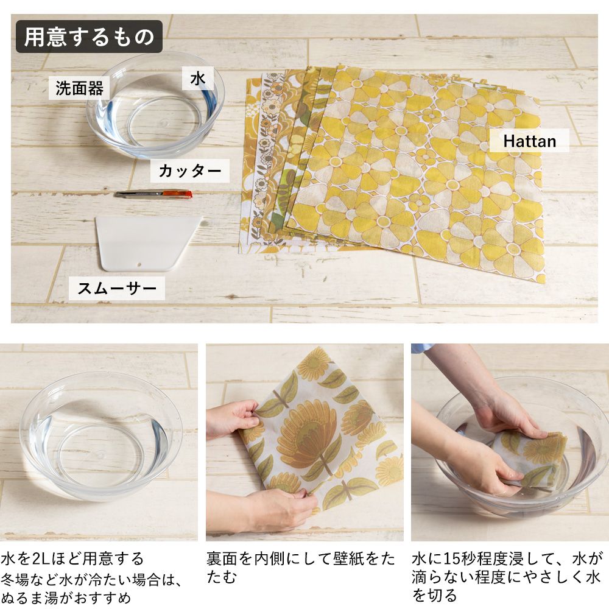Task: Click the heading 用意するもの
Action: pyautogui.click(x=89, y=37)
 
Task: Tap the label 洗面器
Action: pyautogui.click(x=79, y=88)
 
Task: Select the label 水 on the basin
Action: pyautogui.click(x=197, y=79)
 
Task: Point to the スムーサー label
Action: pyautogui.click(x=117, y=287)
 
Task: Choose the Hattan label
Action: pyautogui.click(x=529, y=141)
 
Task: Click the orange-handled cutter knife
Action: pyautogui.click(x=153, y=194)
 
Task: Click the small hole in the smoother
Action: pyautogui.click(x=139, y=266)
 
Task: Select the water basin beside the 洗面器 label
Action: pyautogui.click(x=156, y=110)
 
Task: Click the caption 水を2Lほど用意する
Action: pyautogui.click(x=72, y=558)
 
